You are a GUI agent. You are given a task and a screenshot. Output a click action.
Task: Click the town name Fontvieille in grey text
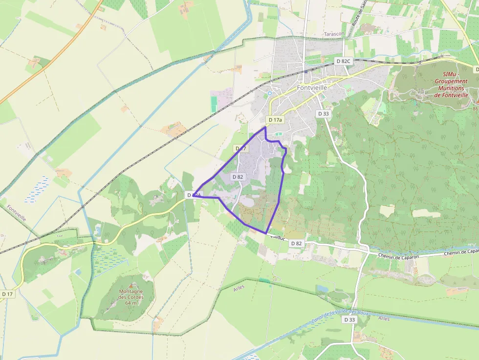(312, 88)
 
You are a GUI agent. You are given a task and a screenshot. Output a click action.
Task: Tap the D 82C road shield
(344, 61)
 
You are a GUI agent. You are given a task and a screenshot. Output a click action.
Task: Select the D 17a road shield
(275, 120)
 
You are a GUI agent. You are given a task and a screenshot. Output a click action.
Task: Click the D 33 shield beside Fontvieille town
(323, 113)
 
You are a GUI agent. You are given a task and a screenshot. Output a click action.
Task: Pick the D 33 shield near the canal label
(349, 319)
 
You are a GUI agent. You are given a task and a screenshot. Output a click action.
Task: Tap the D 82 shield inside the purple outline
(238, 177)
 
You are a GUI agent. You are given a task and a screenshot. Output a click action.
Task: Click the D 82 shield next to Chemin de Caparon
(296, 243)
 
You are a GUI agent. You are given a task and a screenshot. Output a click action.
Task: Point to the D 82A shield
(194, 195)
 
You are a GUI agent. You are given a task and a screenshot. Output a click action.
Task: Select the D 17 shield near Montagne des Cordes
(7, 294)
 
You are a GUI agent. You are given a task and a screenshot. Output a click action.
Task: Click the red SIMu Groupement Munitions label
(451, 85)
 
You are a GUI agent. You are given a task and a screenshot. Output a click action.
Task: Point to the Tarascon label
(334, 34)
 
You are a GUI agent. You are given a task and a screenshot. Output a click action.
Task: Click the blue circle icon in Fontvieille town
(269, 93)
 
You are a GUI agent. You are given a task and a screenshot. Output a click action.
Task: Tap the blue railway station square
(306, 71)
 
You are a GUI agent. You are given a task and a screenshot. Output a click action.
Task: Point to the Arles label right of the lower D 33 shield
(384, 318)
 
